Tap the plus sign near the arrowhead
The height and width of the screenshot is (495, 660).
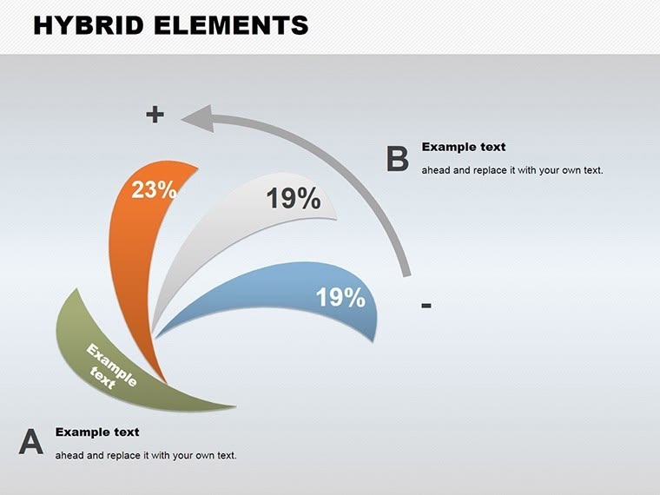point(155,114)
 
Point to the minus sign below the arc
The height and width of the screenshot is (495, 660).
point(426,305)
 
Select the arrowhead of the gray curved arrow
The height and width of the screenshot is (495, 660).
point(197,118)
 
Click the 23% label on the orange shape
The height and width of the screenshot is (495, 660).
point(155,190)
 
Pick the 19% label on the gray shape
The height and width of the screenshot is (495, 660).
point(294,199)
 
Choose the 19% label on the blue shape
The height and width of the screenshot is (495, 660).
point(340,298)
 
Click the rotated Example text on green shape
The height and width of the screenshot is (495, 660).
point(108,366)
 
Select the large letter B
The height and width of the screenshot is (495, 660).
point(398,159)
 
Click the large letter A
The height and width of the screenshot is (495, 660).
point(31,442)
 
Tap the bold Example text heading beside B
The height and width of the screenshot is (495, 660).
point(463,148)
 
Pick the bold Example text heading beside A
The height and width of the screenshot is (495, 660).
point(97,432)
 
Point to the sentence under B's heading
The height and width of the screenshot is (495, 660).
point(511,170)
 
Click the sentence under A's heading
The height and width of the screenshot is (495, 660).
point(146,455)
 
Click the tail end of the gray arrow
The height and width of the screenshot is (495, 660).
point(406,271)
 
